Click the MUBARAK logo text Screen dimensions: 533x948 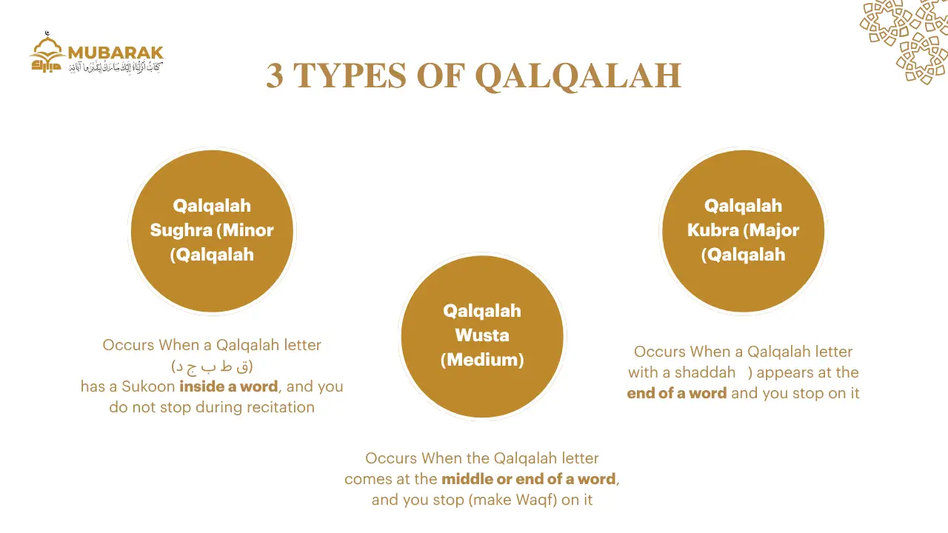tap(115, 53)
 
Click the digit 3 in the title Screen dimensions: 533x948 tap(274, 76)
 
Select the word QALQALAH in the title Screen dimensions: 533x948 tap(578, 76)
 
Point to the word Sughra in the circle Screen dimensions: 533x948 tap(181, 230)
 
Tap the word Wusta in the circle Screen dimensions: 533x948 tap(482, 335)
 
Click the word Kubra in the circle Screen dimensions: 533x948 tap(713, 230)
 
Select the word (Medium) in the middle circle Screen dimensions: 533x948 tap(482, 360)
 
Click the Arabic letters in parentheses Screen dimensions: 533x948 tap(212, 366)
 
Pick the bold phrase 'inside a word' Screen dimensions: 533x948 tap(229, 386)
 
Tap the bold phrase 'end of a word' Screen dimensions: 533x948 tap(676, 393)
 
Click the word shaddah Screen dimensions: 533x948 tap(704, 372)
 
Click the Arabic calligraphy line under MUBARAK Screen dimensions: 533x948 tap(116, 67)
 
